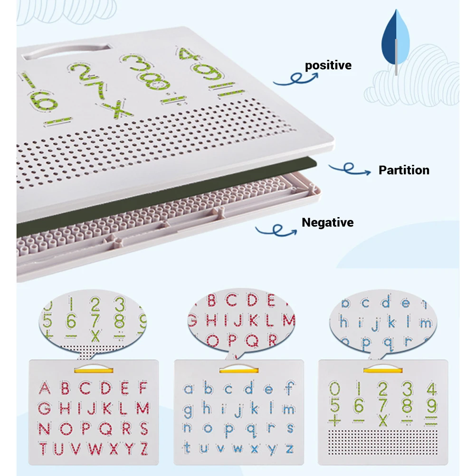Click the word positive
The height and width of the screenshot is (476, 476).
pos(328,65)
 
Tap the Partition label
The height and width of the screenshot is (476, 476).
pos(404,170)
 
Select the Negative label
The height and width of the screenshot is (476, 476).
pos(328,222)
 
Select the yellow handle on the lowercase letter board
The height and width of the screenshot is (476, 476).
pos(238,369)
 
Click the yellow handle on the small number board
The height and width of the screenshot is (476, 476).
pos(382,369)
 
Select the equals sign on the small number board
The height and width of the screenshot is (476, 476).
pos(431,421)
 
